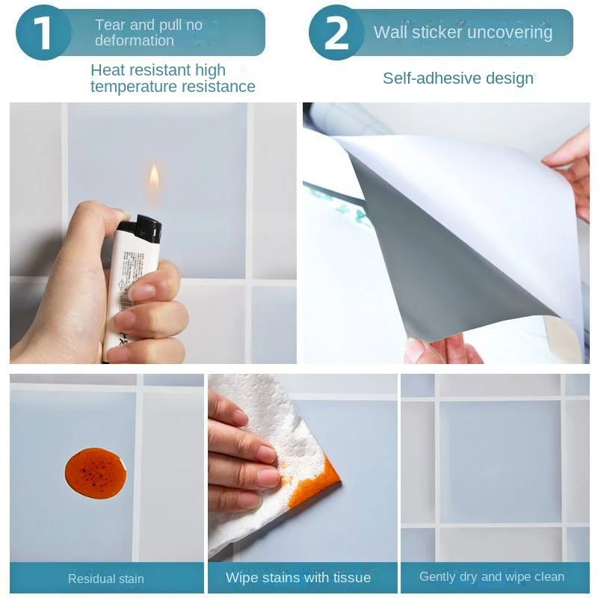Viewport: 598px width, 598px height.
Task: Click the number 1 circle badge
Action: click(x=43, y=33)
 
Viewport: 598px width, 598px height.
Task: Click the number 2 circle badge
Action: click(x=336, y=33)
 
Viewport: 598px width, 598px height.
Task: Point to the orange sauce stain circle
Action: click(x=96, y=473)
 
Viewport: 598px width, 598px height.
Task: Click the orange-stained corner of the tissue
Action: click(x=316, y=482)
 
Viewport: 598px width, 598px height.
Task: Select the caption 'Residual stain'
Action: click(x=106, y=579)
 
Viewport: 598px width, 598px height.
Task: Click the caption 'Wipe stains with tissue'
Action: click(x=298, y=577)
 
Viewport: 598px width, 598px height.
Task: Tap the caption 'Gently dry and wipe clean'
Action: click(x=492, y=576)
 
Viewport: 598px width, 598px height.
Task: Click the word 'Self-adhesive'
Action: click(x=426, y=78)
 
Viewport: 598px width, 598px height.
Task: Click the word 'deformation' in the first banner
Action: click(x=135, y=40)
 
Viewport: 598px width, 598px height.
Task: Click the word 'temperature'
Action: click(x=134, y=87)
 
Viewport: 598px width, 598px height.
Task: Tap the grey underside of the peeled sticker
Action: click(x=450, y=263)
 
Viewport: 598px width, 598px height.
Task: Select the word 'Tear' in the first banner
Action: click(x=110, y=25)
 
